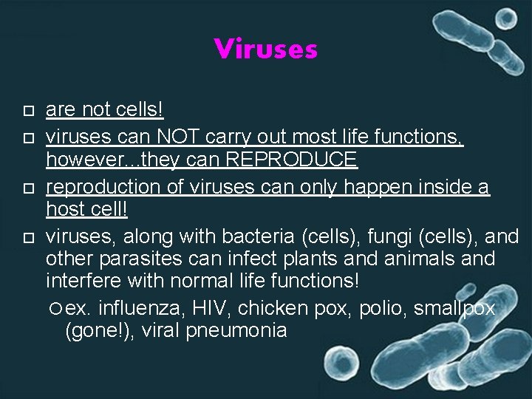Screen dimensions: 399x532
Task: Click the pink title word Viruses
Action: [266, 50]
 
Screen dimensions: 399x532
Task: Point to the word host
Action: [65, 209]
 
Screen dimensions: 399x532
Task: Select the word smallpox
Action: [455, 307]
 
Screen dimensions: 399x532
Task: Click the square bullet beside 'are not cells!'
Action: [28, 112]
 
